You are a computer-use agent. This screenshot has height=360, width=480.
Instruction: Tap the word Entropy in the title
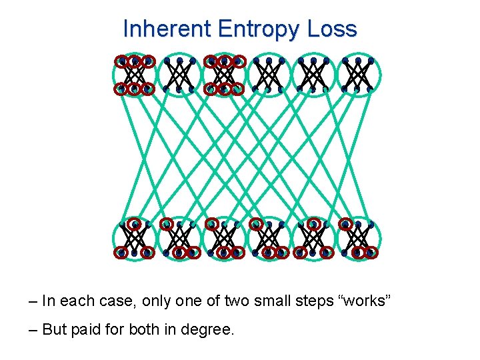click(x=254, y=29)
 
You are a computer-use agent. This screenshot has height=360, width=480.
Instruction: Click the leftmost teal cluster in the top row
click(x=135, y=75)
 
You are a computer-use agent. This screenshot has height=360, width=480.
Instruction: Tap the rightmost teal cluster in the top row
click(x=358, y=75)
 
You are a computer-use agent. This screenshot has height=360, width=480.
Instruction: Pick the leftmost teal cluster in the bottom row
click(x=135, y=239)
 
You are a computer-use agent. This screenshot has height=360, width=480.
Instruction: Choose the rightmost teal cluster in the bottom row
click(x=359, y=239)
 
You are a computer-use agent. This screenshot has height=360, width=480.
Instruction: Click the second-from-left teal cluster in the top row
click(x=179, y=75)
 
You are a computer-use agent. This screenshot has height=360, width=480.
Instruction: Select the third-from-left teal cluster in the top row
click(x=225, y=75)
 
